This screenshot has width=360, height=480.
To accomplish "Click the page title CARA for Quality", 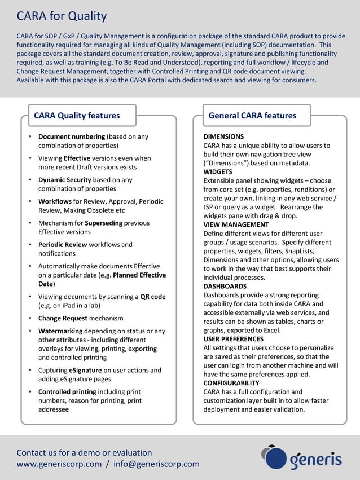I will (62, 16).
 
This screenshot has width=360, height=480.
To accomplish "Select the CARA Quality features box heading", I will (77, 116).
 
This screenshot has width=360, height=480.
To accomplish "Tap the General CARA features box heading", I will (252, 116).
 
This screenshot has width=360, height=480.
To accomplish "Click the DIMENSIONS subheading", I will (223, 136).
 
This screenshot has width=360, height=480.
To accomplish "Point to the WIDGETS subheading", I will (218, 171).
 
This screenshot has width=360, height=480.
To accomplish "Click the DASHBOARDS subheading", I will (225, 286).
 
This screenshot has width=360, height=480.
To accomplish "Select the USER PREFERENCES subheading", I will (233, 339).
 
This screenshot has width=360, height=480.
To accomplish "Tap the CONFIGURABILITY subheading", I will (231, 383).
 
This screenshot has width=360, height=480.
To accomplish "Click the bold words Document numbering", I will (72, 136).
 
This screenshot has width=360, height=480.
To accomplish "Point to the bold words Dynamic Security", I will (64, 180).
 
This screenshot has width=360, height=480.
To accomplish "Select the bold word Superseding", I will (103, 223).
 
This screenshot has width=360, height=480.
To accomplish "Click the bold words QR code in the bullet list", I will (152, 297).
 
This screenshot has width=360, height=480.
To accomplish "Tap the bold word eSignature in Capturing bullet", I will (86, 370).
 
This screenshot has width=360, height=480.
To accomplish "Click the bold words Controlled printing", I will (67, 391).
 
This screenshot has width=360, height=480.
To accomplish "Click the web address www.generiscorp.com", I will (59, 464).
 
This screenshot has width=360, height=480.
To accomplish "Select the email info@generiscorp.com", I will (156, 464).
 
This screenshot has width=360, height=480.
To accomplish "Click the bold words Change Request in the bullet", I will (63, 318).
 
